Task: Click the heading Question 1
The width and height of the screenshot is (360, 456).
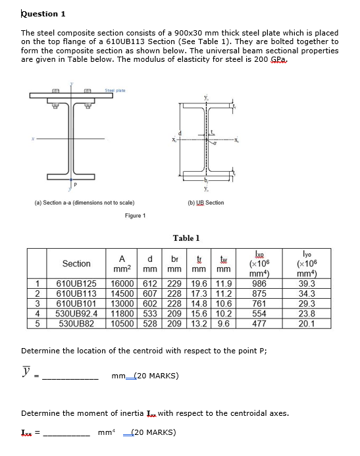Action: point(43,14)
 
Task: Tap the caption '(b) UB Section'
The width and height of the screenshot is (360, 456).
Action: point(205,203)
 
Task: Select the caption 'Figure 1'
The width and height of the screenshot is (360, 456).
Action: point(135,215)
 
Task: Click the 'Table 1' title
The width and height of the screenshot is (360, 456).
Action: point(186,238)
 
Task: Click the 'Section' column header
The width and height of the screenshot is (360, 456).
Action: point(76,264)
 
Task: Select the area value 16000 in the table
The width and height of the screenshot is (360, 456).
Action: point(122,284)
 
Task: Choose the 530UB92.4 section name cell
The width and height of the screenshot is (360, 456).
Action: point(76,314)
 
